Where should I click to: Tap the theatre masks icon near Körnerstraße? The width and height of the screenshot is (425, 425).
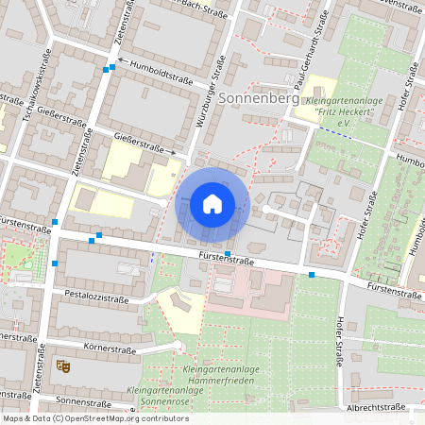point(64,364)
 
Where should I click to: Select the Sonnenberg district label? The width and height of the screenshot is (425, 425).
point(258,98)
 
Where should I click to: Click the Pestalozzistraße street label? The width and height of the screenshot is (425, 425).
point(95,297)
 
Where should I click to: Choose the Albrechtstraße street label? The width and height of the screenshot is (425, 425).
point(376,407)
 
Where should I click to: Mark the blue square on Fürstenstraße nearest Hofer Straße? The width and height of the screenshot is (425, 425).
point(312,275)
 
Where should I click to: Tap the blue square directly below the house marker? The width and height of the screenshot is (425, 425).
point(228,253)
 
